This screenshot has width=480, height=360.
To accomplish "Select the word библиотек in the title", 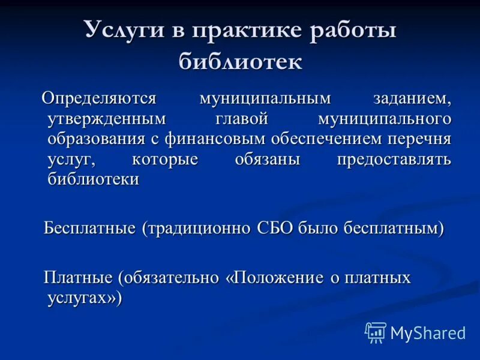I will pyautogui.click(x=240, y=61).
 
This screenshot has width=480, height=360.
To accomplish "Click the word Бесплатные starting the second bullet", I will pyautogui.click(x=91, y=228).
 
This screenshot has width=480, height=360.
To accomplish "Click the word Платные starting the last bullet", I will pyautogui.click(x=79, y=278).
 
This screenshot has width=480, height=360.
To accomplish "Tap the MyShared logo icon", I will pyautogui.click(x=376, y=332).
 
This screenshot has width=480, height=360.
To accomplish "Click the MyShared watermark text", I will pyautogui.click(x=428, y=332).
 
